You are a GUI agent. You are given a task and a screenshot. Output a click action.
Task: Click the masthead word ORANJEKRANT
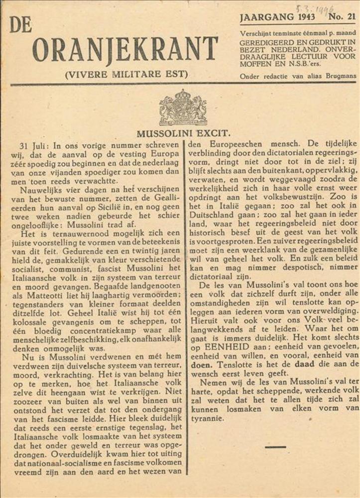pyautogui.click(x=125, y=49)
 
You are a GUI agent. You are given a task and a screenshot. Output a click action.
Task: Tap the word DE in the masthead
pyautogui.click(x=20, y=24)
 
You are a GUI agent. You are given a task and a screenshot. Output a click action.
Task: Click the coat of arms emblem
pyautogui.click(x=183, y=107)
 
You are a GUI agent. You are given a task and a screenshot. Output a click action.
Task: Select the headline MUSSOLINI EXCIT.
pyautogui.click(x=183, y=133)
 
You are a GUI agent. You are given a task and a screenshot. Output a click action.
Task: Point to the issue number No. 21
pyautogui.click(x=342, y=16)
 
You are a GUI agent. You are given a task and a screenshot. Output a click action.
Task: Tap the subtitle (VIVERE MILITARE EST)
pyautogui.click(x=126, y=75)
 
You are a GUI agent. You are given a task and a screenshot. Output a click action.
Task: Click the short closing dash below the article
pyautogui.click(x=275, y=447)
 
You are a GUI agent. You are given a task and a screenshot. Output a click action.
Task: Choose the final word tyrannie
pyautogui.click(x=208, y=419)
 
